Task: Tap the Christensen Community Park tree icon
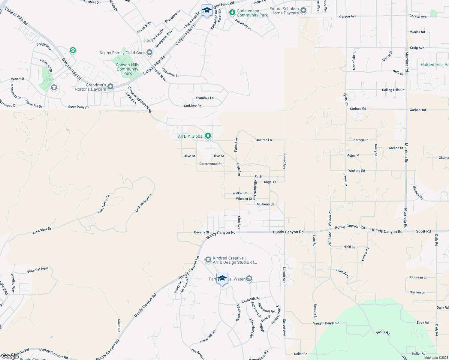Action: [232, 13]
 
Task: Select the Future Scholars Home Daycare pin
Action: [303, 11]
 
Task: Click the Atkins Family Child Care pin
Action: [149, 53]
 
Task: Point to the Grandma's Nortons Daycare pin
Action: [110, 87]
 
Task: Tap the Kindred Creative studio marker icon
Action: [208, 259]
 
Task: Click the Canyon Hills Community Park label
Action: [128, 69]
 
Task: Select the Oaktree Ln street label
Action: [264, 140]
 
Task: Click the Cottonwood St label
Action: [210, 164]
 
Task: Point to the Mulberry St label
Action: [265, 204]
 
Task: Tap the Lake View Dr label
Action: [42, 231]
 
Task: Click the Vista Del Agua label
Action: [38, 270]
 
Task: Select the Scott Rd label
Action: [423, 231]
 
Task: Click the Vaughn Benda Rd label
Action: [326, 323]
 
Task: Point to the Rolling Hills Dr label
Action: [393, 90]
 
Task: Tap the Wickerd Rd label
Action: [357, 171]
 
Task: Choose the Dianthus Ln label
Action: [205, 98]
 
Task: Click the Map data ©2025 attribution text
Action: [436, 358]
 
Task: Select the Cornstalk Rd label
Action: [251, 299]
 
